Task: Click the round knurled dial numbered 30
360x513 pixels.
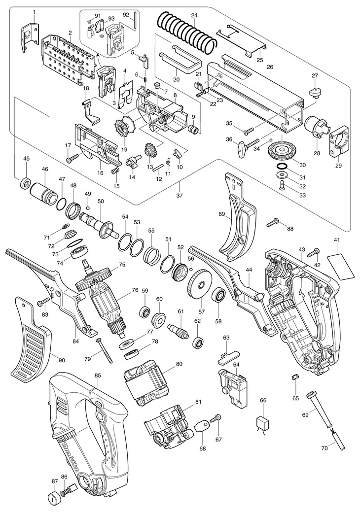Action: click(281, 148)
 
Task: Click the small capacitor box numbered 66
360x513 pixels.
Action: click(263, 423)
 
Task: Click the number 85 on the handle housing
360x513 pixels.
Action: click(98, 376)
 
